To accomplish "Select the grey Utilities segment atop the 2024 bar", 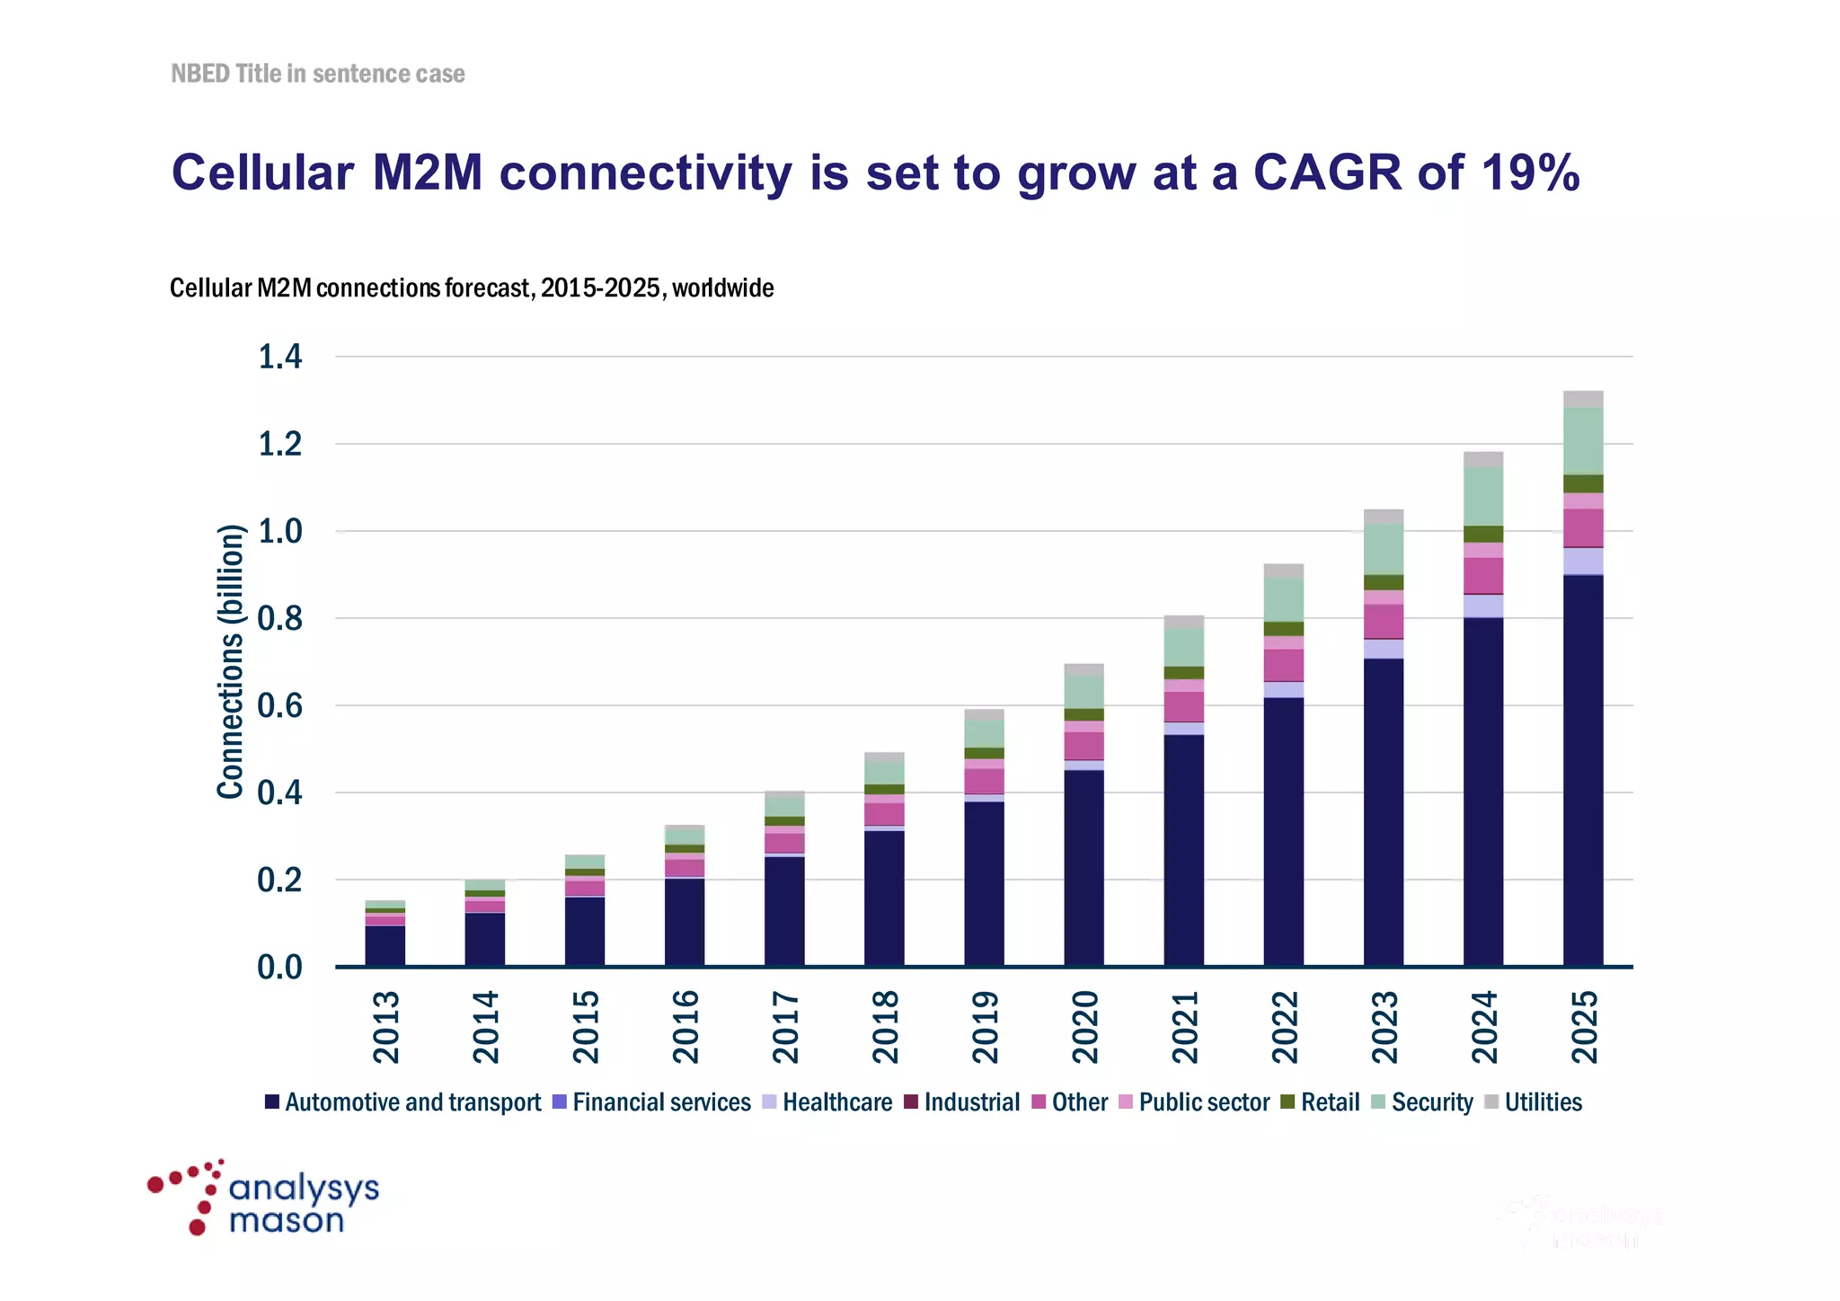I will (x=1483, y=459).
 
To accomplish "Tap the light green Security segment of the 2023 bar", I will (x=1384, y=549).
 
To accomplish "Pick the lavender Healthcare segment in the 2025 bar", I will (x=1583, y=561).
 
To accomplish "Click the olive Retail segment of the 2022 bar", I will (x=1284, y=629).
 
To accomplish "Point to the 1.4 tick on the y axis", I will (x=280, y=358).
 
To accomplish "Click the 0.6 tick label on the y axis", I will (x=280, y=706).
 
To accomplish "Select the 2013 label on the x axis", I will (x=386, y=1027).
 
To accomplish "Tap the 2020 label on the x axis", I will (x=1085, y=1027).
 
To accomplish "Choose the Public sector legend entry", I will (x=1195, y=1102).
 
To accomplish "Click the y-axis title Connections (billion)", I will (x=231, y=661).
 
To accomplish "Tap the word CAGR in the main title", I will (x=1327, y=172).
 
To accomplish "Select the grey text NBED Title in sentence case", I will (x=318, y=74).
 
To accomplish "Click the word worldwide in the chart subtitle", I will (x=722, y=288).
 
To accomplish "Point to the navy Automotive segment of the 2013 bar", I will (x=385, y=946).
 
